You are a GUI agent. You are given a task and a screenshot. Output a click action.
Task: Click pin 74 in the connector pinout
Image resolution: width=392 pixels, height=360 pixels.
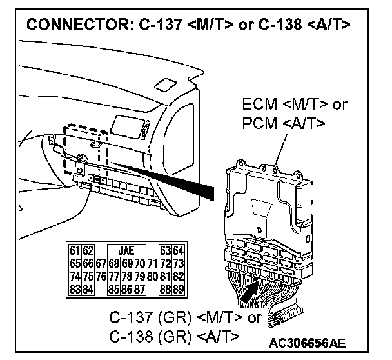[x=75, y=275]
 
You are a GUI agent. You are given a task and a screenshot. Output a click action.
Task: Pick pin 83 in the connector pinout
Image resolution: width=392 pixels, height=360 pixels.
[x=75, y=288]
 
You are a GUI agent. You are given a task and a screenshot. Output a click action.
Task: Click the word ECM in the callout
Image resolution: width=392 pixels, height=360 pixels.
[x=258, y=105]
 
